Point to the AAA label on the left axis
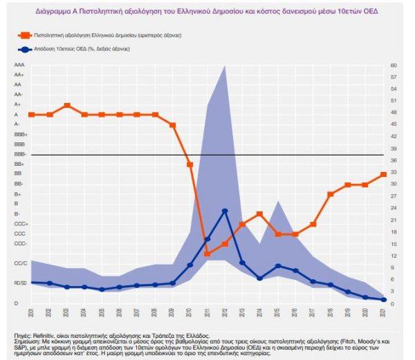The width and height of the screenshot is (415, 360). click(x=19, y=65)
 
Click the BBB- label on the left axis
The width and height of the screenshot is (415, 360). click(x=20, y=154)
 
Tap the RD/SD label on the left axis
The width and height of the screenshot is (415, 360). click(x=20, y=283)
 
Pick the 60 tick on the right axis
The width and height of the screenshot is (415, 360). click(x=392, y=65)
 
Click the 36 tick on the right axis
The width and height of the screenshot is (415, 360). click(x=392, y=160)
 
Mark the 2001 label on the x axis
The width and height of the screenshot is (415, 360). click(x=32, y=312)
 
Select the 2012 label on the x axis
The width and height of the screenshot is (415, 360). click(x=225, y=312)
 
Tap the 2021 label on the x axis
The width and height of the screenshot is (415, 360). click(x=383, y=312)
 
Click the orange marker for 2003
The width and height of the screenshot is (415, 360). click(x=66, y=106)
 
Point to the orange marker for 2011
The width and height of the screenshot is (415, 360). click(x=207, y=254)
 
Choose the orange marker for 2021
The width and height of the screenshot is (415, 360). click(x=383, y=175)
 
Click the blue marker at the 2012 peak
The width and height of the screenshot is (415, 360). click(x=225, y=211)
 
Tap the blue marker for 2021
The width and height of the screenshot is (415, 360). click(x=383, y=299)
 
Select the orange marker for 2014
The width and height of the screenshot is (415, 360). click(x=260, y=214)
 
